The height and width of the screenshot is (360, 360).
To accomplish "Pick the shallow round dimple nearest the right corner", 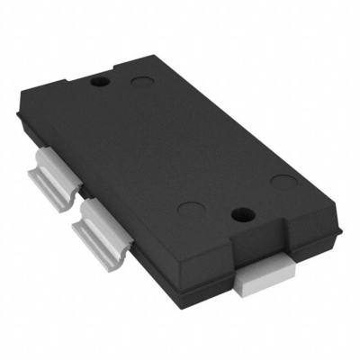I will pos(284,184).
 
